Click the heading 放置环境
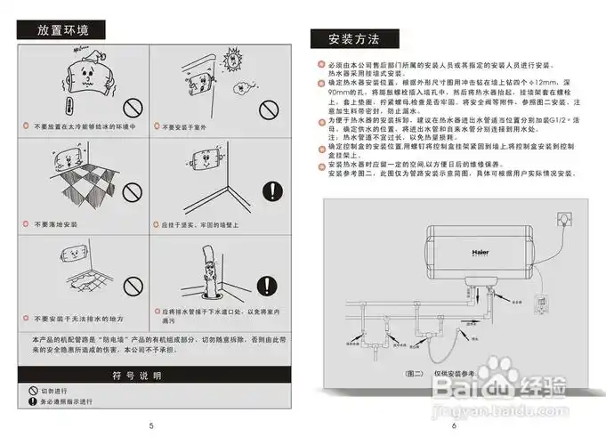pos(63,30)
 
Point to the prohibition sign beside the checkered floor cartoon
pos(133,192)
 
